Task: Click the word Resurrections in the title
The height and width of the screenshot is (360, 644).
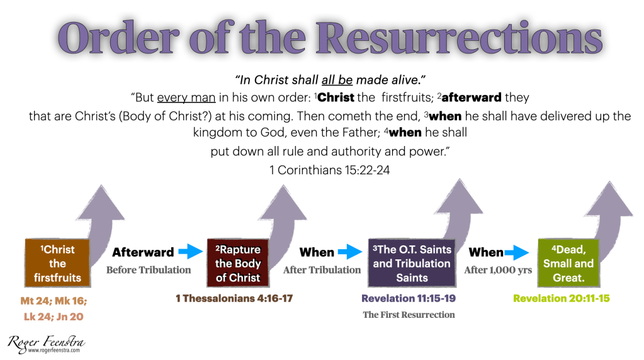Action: point(459,38)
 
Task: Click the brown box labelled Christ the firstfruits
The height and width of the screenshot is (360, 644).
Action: point(57,262)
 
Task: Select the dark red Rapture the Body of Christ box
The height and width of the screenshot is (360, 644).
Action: point(238,262)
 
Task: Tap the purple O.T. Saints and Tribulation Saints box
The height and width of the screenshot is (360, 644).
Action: point(412,262)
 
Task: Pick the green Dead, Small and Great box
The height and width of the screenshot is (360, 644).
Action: point(569,262)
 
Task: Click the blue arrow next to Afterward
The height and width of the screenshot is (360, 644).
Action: point(191,251)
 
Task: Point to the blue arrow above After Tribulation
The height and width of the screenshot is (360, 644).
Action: point(349,252)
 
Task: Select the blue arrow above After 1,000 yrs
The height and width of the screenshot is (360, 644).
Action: point(517,252)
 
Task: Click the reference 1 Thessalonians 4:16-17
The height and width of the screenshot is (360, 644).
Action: point(234,298)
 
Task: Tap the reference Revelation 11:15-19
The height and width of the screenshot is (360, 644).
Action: point(409,298)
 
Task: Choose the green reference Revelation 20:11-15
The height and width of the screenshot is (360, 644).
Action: point(562,298)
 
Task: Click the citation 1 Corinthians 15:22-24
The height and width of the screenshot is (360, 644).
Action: point(329,170)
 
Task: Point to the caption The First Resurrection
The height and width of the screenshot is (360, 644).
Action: point(409,315)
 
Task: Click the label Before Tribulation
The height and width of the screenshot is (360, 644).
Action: point(149,270)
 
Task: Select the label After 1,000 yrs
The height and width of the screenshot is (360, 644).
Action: point(498,270)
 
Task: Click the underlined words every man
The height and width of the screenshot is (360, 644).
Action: point(186,98)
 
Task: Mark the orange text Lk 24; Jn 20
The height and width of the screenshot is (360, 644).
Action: point(54,317)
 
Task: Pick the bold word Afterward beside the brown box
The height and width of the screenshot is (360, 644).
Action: point(143,252)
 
